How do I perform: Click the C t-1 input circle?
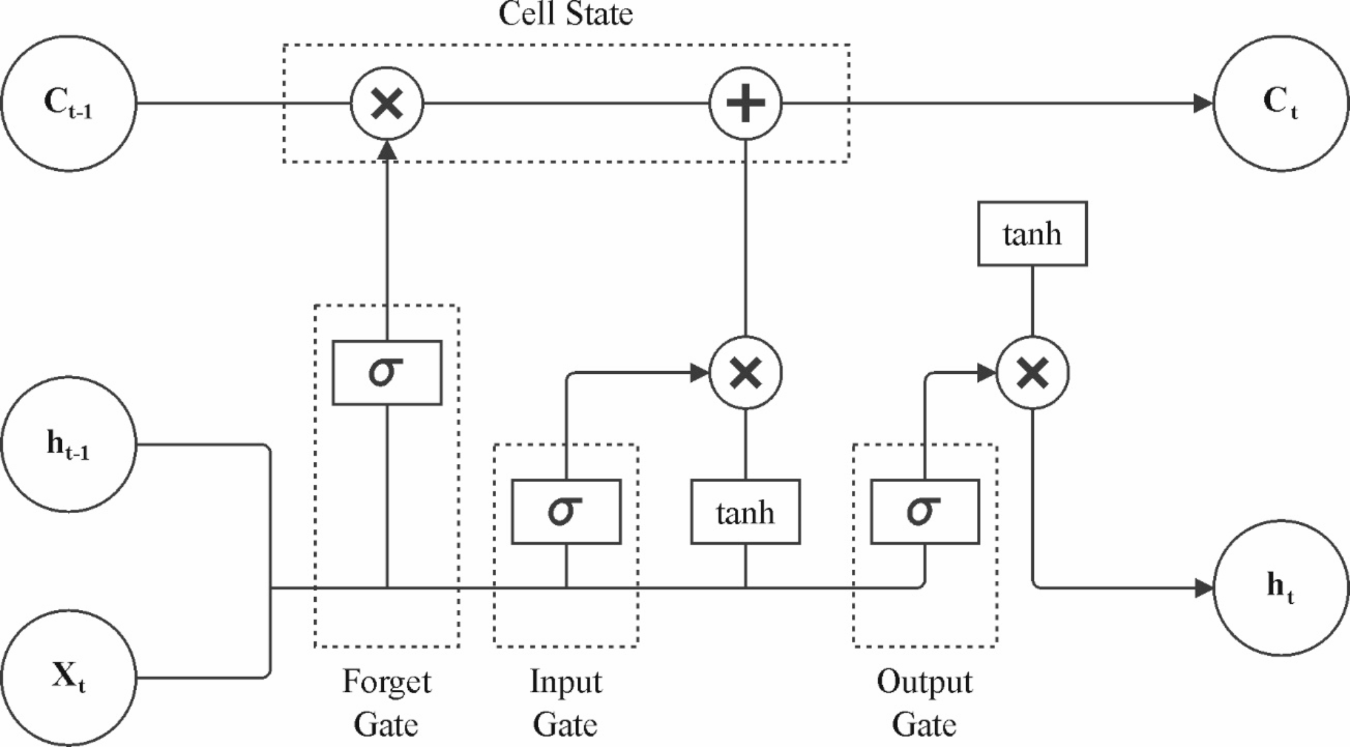point(69,104)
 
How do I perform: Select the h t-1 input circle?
point(69,444)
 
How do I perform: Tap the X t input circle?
point(69,677)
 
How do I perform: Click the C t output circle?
point(1281,104)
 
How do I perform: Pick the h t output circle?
point(1281,588)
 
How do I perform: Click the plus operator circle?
point(746,104)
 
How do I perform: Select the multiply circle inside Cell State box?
point(387,104)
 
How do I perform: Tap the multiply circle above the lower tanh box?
point(746,372)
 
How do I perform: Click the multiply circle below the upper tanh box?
point(1033,372)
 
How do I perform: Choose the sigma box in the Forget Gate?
point(387,372)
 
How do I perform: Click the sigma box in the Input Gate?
point(566,512)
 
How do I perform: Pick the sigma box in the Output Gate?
point(925,512)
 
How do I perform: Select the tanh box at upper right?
point(1033,234)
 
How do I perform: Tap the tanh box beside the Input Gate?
point(746,512)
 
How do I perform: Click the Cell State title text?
point(566,13)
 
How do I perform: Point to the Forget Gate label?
point(387,703)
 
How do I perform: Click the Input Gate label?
point(566,703)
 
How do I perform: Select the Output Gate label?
point(924,703)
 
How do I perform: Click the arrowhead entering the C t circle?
point(1203,104)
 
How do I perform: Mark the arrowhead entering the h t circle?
point(1203,588)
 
